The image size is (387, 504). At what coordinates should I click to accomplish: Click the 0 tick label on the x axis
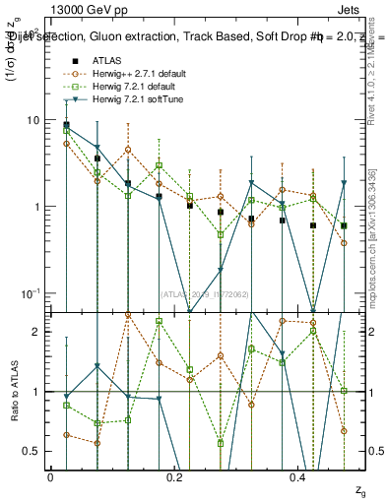click(50, 476)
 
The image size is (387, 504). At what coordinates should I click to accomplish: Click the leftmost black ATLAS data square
click(66, 125)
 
